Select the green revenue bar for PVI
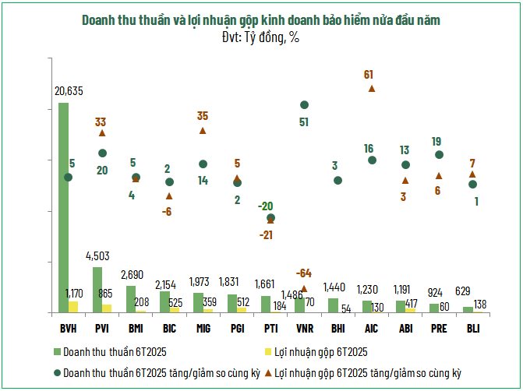coord(97,289)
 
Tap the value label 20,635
coord(69,91)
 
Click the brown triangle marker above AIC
coord(372,89)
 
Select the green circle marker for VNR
coord(304,104)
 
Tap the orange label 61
coord(369,75)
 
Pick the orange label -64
coord(303,273)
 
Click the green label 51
coord(304,122)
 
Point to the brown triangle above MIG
coord(203,130)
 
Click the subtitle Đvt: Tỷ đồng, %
coord(260,36)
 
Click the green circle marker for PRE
coord(439,155)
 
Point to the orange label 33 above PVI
coord(101,122)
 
